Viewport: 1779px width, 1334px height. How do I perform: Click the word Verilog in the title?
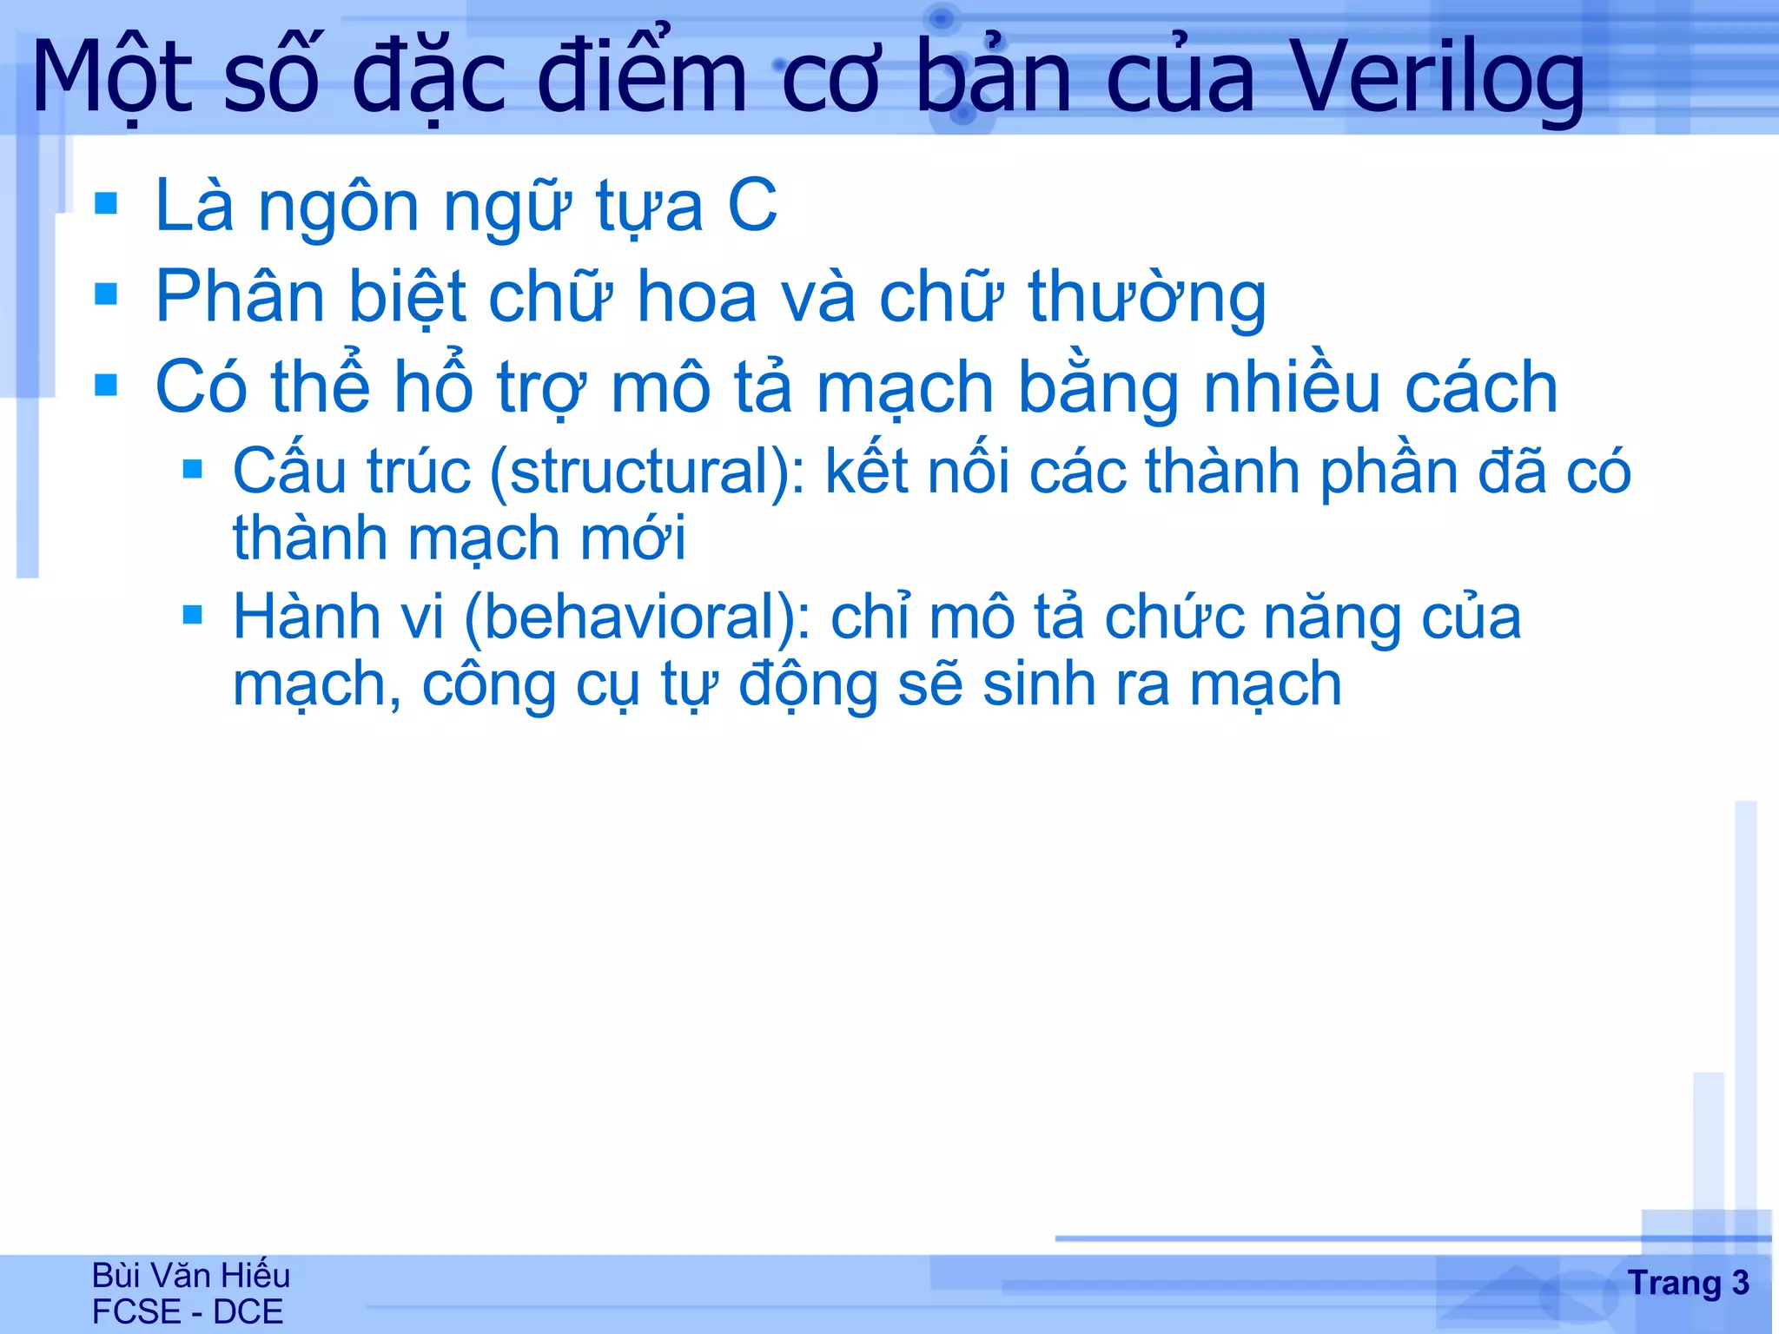point(1438,80)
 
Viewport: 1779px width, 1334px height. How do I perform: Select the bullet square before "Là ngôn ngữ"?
point(106,204)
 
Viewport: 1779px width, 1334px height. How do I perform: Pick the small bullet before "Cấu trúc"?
point(193,471)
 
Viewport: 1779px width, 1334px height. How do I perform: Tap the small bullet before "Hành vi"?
point(193,616)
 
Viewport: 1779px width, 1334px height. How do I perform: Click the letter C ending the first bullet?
point(752,206)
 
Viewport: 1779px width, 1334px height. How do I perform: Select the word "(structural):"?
point(648,472)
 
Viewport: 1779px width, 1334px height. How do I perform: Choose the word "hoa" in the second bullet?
point(697,298)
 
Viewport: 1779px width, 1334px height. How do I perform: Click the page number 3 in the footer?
point(1740,1283)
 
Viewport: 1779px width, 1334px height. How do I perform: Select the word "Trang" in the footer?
point(1674,1284)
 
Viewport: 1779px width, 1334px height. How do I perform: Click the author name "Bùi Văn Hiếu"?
point(191,1275)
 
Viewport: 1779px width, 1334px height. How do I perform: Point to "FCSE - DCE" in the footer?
point(188,1311)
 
